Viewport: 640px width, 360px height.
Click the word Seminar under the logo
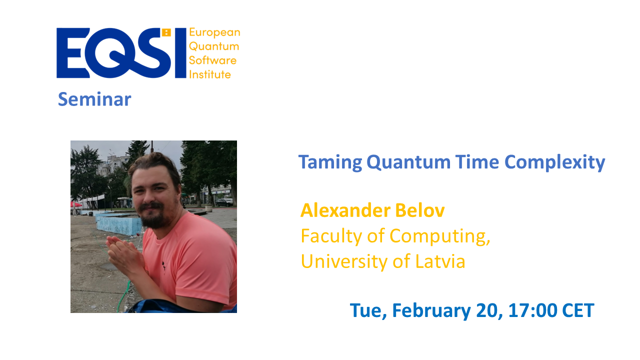[x=94, y=99]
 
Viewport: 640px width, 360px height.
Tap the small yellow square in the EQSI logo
[x=166, y=32]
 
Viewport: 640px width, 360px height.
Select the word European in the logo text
[x=214, y=32]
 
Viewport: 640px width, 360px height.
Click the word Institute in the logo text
[x=209, y=74]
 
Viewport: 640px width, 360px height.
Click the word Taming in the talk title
[x=330, y=162]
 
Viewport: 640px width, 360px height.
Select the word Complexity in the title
[x=554, y=162]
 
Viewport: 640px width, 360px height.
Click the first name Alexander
[x=345, y=210]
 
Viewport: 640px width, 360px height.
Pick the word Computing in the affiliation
[x=439, y=236]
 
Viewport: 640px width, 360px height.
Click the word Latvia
[x=440, y=261]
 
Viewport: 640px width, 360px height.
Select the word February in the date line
[x=431, y=311]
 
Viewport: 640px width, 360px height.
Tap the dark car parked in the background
[x=224, y=202]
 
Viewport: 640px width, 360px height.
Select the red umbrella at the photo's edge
[x=75, y=204]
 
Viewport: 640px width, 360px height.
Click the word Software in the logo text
[x=212, y=60]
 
